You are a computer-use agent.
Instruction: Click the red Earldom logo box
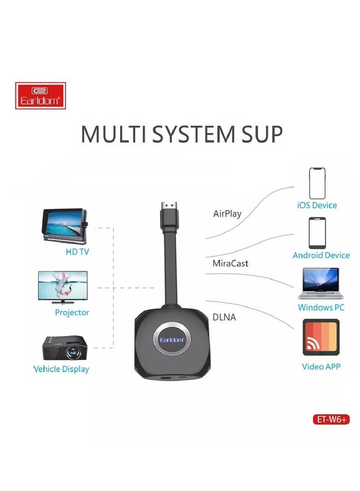pyautogui.click(x=40, y=95)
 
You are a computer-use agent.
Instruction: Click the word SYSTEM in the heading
pyautogui.click(x=193, y=134)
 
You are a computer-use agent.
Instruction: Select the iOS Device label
pyautogui.click(x=317, y=205)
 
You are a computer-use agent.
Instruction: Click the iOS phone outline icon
pyautogui.click(x=317, y=183)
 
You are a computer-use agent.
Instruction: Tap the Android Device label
pyautogui.click(x=321, y=255)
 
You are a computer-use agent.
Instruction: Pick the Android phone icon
pyautogui.click(x=317, y=233)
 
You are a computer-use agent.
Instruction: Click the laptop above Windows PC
pyautogui.click(x=320, y=284)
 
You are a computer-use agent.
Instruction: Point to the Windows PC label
pyautogui.click(x=321, y=307)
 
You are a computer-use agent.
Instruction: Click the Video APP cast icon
pyautogui.click(x=321, y=337)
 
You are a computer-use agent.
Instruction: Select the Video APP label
pyautogui.click(x=321, y=366)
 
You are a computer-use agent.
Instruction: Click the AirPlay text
pyautogui.click(x=227, y=214)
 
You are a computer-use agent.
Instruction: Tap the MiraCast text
pyautogui.click(x=230, y=263)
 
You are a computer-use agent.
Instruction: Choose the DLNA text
pyautogui.click(x=224, y=317)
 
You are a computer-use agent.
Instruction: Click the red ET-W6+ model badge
pyautogui.click(x=331, y=419)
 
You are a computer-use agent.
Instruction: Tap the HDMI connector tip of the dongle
pyautogui.click(x=169, y=206)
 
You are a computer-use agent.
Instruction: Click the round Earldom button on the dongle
pyautogui.click(x=172, y=340)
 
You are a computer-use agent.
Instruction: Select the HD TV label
pyautogui.click(x=77, y=252)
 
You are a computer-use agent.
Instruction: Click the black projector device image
pyautogui.click(x=65, y=348)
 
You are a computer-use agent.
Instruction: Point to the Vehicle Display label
pyautogui.click(x=61, y=369)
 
